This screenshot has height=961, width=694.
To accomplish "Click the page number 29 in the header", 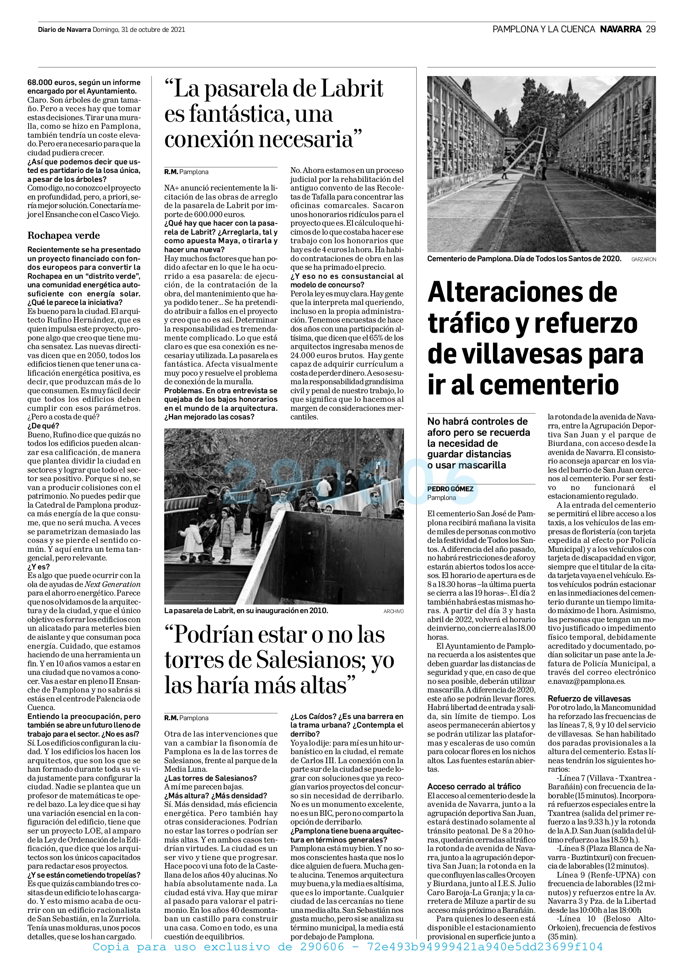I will coord(651,29).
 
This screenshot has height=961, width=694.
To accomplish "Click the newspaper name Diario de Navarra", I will coord(65,30).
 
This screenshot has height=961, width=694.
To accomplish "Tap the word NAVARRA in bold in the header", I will coord(620,29).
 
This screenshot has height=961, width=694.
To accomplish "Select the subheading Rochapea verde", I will coord(63,235).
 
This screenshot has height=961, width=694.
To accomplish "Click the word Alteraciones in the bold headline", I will coord(522,292).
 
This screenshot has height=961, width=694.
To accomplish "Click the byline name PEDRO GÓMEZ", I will coord(450,488).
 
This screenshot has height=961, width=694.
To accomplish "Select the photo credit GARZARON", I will coord(643,259).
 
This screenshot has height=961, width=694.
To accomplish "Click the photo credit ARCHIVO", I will coord(393,611).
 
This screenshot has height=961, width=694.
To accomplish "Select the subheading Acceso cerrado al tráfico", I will coord(474,786).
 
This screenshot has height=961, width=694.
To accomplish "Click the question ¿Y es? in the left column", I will coord(38,567).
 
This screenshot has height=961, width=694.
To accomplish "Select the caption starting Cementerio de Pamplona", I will coord(524,259).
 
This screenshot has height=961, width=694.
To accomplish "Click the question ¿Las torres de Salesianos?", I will coord(210,778).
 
